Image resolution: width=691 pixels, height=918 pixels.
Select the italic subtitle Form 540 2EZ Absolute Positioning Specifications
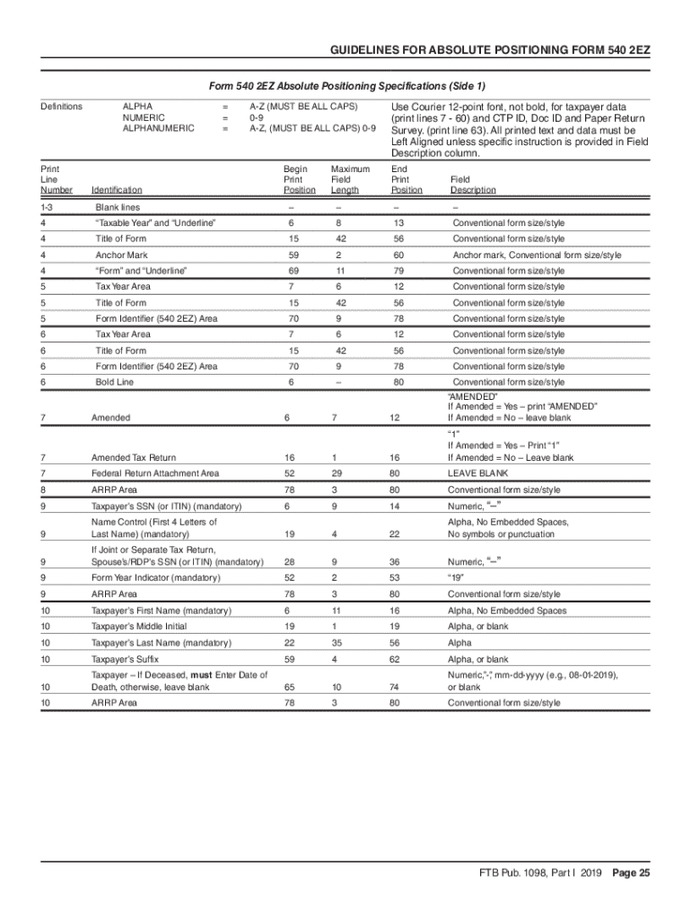pos(346,87)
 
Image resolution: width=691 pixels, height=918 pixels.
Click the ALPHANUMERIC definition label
pos(158,128)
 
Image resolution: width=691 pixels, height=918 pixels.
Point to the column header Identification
pos(117,190)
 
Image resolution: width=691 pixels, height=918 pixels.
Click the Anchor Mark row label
pos(121,255)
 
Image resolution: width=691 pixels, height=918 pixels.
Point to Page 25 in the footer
pos(632,873)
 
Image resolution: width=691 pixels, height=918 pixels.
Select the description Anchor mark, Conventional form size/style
pos(537,255)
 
